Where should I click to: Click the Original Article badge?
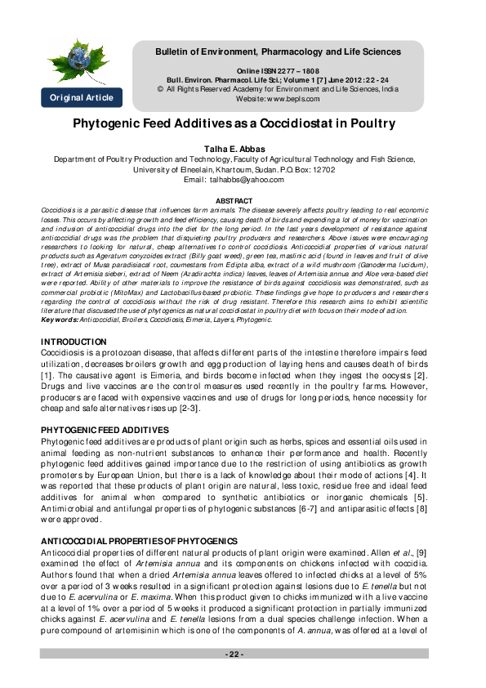pyautogui.click(x=82, y=98)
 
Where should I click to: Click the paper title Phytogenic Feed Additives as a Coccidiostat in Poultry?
pyautogui.click(x=234, y=124)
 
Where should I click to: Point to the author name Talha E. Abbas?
pyautogui.click(x=234, y=150)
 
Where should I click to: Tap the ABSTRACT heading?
pyautogui.click(x=234, y=200)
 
